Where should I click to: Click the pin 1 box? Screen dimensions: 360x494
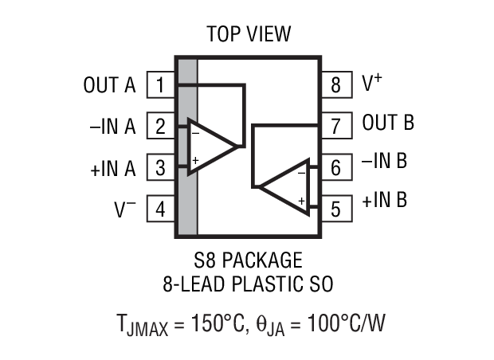pyautogui.click(x=161, y=84)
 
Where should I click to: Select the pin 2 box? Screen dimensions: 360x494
pyautogui.click(x=161, y=126)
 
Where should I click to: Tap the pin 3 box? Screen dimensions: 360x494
pyautogui.click(x=161, y=168)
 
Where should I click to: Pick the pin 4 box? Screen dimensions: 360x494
pyautogui.click(x=161, y=209)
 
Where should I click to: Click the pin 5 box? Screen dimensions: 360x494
pyautogui.click(x=335, y=209)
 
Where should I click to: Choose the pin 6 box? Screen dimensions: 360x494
pyautogui.click(x=335, y=168)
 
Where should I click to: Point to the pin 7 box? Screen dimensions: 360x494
pyautogui.click(x=335, y=126)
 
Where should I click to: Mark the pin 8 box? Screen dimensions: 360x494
pyautogui.click(x=335, y=84)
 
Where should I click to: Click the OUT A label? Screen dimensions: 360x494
pyautogui.click(x=110, y=84)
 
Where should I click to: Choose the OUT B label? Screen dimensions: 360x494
pyautogui.click(x=387, y=123)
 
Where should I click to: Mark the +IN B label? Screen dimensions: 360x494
pyautogui.click(x=384, y=199)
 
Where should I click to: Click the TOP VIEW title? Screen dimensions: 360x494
pyautogui.click(x=249, y=34)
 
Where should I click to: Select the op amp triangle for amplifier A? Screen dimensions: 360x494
pyautogui.click(x=210, y=146)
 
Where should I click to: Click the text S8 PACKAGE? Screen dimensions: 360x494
pyautogui.click(x=248, y=260)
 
